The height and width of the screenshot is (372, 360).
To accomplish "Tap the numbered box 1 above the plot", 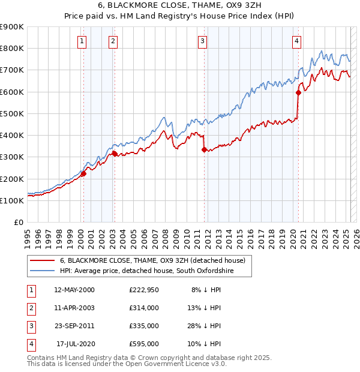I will tap(82, 41).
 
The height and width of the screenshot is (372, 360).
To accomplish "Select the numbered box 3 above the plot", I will tap(203, 41).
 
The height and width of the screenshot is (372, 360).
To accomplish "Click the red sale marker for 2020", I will tap(298, 93).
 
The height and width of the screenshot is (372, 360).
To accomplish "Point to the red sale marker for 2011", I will tap(204, 149).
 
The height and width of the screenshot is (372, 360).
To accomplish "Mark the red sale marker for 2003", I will tap(115, 154).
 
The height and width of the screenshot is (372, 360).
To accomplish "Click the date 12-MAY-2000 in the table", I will tap(74, 290).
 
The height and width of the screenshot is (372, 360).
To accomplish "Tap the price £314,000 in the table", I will tap(143, 308).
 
